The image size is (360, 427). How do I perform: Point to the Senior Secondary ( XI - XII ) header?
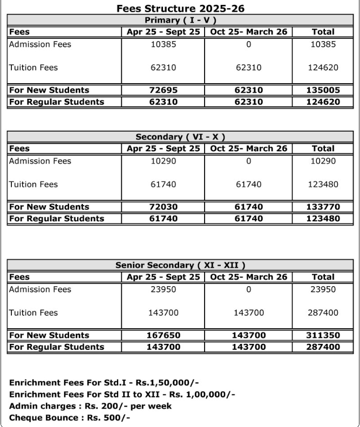180,266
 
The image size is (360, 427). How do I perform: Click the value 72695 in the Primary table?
163,90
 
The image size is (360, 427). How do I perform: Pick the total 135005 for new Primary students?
323,90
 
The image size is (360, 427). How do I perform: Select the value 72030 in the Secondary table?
163,207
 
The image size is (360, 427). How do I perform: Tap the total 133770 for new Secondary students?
323,207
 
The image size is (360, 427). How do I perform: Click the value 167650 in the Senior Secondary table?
163,335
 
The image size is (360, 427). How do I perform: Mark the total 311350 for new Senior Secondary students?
323,335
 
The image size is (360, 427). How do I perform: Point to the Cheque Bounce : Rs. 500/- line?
70,417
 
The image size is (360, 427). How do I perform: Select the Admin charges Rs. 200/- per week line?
90,406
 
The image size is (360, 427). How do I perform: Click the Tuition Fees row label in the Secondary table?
33,184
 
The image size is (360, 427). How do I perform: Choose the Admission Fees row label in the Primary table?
40,44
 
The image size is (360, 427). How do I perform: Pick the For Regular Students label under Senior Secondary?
57,347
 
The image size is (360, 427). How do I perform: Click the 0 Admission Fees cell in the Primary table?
248,44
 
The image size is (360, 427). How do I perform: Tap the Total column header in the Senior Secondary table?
323,277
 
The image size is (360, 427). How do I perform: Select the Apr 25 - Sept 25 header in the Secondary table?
163,148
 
